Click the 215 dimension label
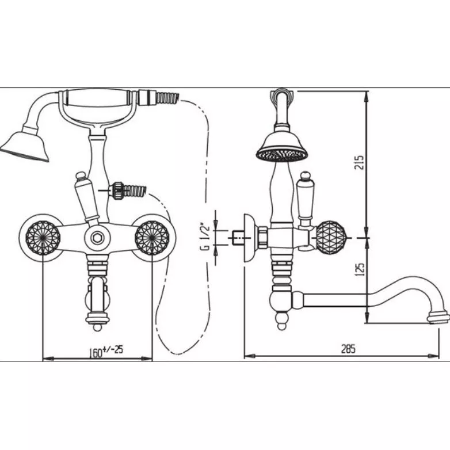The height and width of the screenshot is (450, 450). [x=359, y=162]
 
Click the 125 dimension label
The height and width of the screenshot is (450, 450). [x=360, y=269]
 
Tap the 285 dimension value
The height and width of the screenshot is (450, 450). [x=348, y=349]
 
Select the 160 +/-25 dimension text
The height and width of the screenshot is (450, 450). [x=106, y=351]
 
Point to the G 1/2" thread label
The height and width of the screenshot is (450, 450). [x=205, y=237]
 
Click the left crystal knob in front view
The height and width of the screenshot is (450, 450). [x=43, y=238]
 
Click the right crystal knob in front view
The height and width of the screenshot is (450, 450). [x=152, y=238]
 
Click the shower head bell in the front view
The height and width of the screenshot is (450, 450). [x=26, y=146]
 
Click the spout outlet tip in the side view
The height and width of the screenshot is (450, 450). [x=438, y=318]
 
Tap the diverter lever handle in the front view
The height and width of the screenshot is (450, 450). [x=86, y=198]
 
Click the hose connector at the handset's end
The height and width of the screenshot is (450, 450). [x=158, y=98]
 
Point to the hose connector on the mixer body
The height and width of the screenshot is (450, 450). [x=127, y=190]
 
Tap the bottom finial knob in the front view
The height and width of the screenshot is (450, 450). [x=98, y=327]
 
